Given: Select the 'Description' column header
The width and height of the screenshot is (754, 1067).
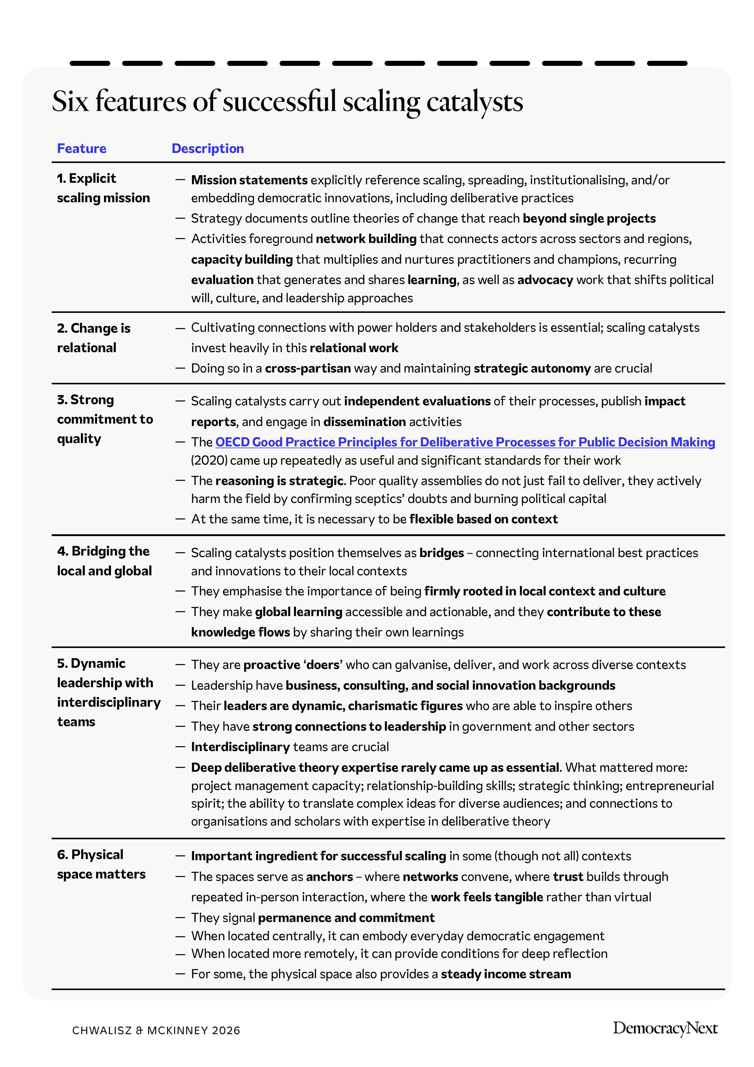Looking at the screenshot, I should [208, 148].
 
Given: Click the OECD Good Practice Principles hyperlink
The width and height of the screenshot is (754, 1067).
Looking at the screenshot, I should [465, 442].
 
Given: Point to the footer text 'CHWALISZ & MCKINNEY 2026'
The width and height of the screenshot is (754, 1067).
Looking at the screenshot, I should [156, 1030].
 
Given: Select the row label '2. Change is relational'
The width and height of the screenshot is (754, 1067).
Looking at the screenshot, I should [93, 338].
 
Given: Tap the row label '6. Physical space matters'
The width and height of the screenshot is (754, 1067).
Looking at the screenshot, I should [101, 864].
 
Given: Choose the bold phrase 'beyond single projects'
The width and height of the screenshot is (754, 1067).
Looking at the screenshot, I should [589, 218].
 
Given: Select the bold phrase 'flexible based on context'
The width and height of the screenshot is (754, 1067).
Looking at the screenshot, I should [483, 519].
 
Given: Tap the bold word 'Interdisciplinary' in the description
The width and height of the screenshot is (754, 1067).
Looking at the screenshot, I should [240, 747].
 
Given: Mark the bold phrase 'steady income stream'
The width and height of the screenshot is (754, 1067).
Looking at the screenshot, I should [506, 974].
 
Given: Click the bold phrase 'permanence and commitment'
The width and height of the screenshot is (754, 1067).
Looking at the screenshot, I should [346, 918].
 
